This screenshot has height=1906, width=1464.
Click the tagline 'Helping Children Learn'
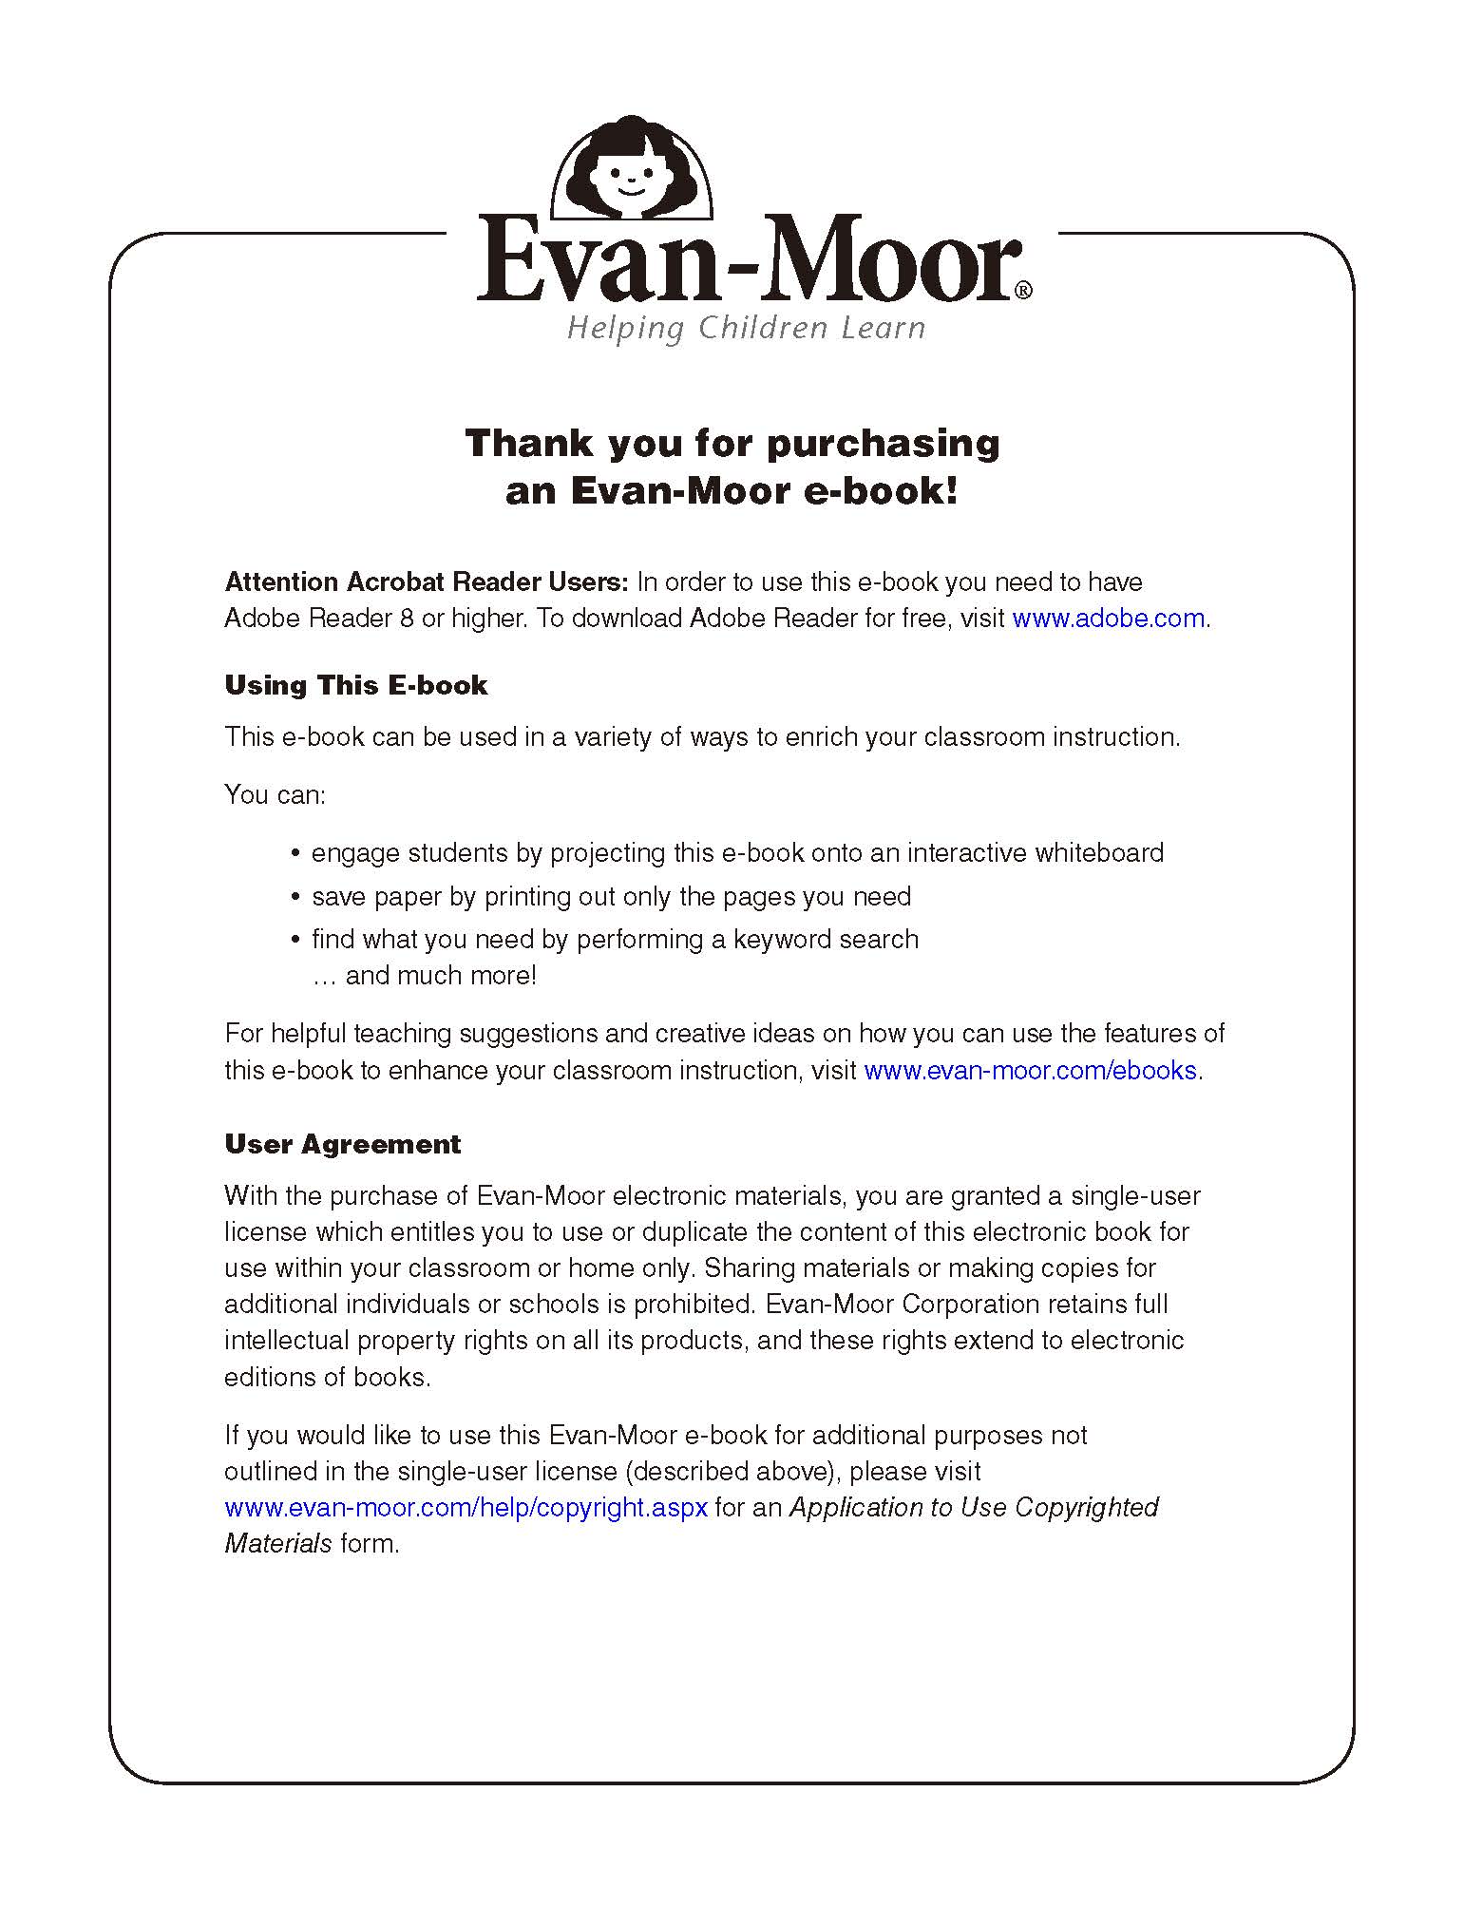(x=746, y=329)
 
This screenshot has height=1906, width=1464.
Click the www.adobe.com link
(x=1108, y=619)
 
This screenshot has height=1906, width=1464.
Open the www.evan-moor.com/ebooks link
(x=1030, y=1071)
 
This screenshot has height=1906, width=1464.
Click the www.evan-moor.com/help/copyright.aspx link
(x=466, y=1508)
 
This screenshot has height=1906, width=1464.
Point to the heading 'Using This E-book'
(x=355, y=686)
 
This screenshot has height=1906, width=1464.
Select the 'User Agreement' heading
(x=342, y=1144)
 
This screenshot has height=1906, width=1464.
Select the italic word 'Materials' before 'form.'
(x=277, y=1544)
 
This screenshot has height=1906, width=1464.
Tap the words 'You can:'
(x=275, y=794)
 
